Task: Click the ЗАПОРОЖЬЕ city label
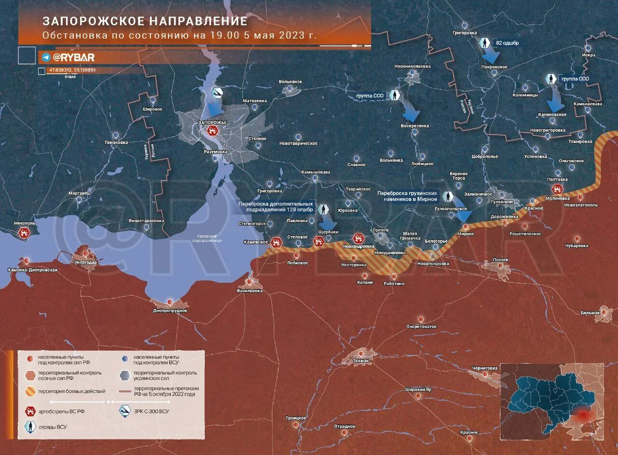[x=212, y=123]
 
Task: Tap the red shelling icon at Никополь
[x=23, y=233]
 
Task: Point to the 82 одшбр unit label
[x=507, y=43]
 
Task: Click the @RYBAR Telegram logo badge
[x=68, y=57]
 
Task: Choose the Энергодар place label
[x=85, y=262]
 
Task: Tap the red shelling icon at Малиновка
[x=557, y=189]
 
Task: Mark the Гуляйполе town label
[x=502, y=203]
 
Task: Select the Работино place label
[x=394, y=284]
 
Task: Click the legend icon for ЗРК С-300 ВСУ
[x=126, y=411]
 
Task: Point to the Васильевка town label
[x=250, y=291]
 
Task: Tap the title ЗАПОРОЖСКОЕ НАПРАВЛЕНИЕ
[x=145, y=21]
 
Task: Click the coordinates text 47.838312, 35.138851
[x=72, y=70]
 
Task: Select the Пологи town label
[x=500, y=260]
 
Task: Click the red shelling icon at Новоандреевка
[x=358, y=238]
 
